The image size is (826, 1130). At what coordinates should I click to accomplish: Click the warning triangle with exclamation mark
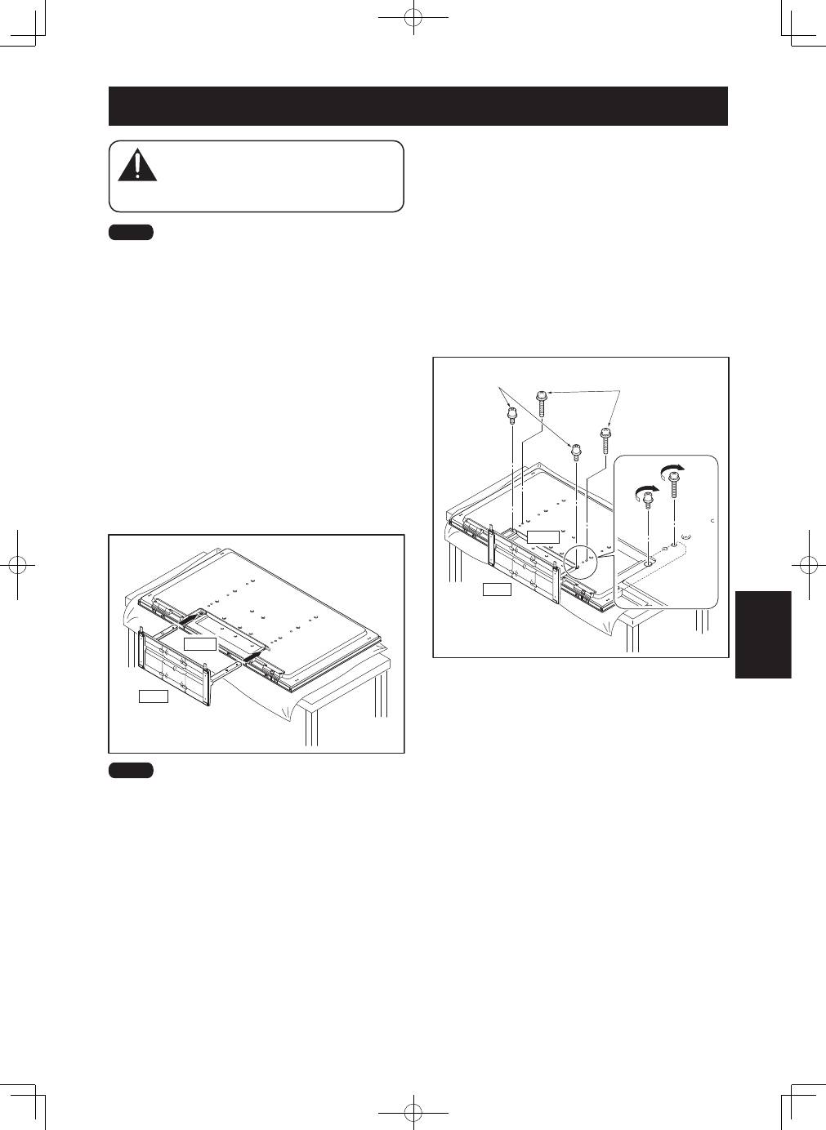(x=137, y=166)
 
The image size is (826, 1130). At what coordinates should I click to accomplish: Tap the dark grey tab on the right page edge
(x=763, y=634)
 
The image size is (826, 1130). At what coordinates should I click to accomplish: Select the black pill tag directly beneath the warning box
(x=131, y=233)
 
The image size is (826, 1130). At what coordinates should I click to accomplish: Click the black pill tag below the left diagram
(x=131, y=770)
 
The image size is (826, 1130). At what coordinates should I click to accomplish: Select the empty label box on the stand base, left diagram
(x=200, y=644)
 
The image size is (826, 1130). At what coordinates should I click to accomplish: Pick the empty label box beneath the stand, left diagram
(x=153, y=696)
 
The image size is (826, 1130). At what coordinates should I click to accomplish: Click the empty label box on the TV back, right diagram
(x=543, y=536)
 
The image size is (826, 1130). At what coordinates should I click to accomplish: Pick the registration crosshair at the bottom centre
(x=414, y=1112)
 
